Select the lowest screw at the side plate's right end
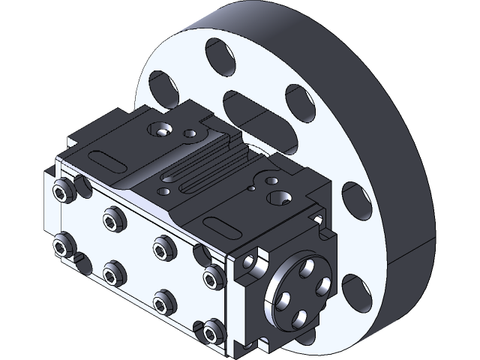coord(211,329)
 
